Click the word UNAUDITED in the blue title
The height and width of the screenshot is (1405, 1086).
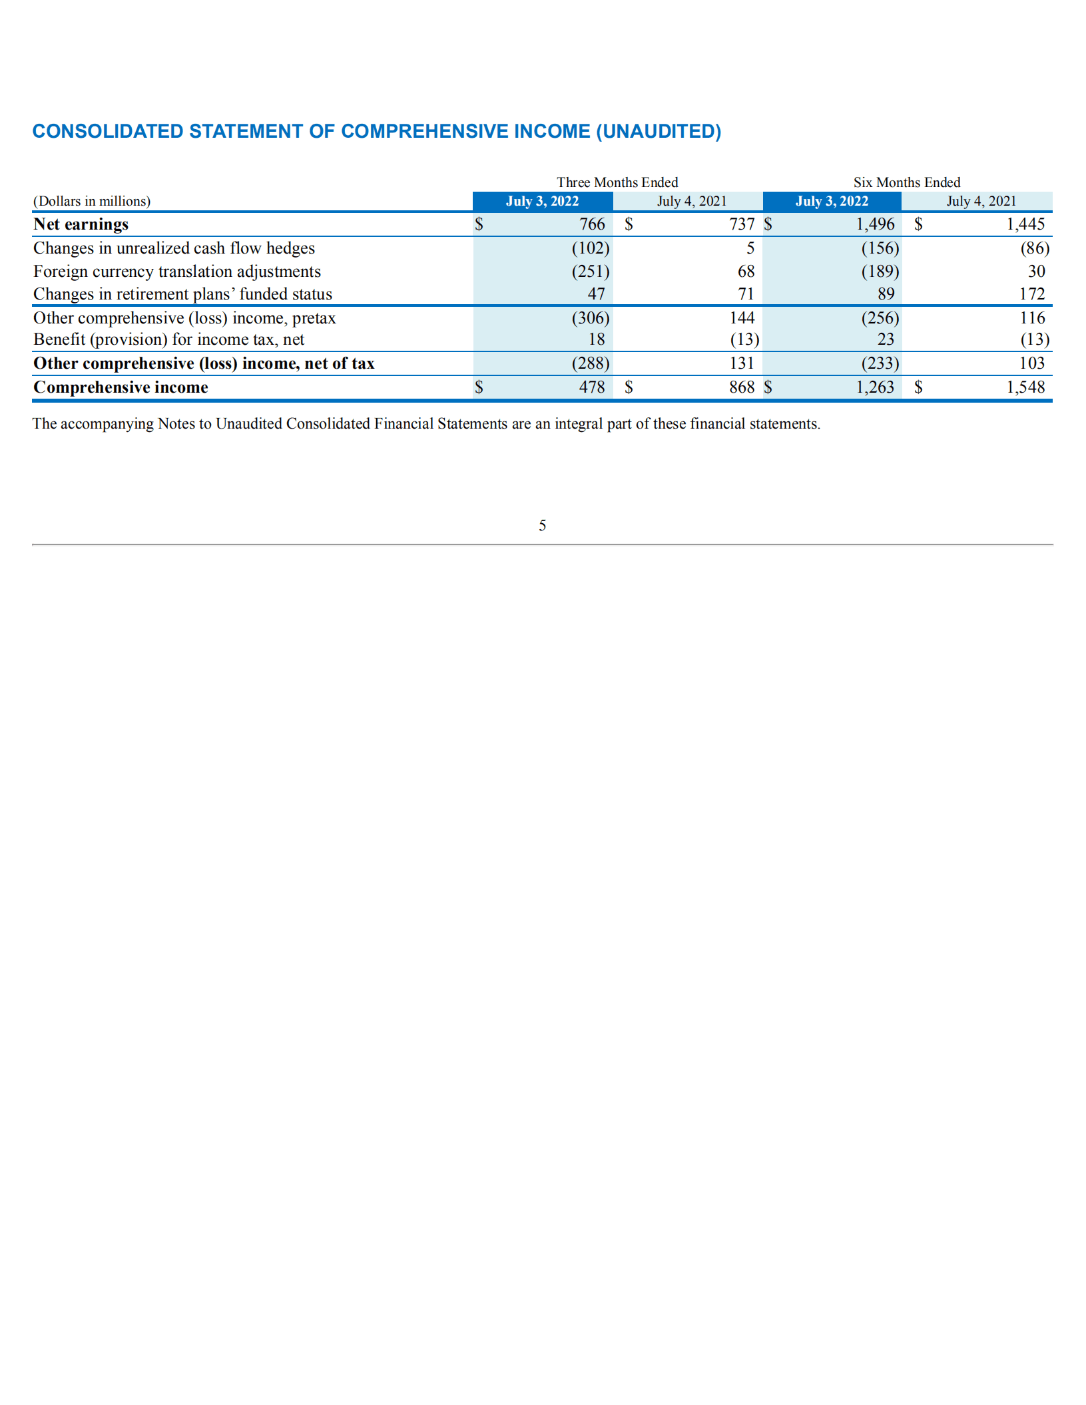[x=658, y=131]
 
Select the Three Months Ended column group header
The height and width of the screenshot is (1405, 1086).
[x=617, y=182]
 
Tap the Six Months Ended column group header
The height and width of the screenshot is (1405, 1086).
[x=906, y=182]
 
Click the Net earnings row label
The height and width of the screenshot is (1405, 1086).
[x=81, y=224]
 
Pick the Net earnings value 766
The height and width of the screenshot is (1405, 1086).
[x=592, y=224]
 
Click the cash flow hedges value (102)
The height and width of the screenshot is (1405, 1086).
[x=590, y=248]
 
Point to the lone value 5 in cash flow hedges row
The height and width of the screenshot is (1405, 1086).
[x=750, y=248]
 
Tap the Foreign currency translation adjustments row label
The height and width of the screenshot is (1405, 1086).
[x=177, y=272]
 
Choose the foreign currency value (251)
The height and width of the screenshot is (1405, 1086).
[x=590, y=272]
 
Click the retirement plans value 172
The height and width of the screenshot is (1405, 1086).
[x=1031, y=294]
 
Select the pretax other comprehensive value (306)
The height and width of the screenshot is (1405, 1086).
[x=590, y=318]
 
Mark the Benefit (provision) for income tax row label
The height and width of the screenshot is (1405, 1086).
[x=168, y=339]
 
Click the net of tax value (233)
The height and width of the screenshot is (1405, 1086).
[x=880, y=363]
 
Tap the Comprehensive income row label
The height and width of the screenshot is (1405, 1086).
[x=121, y=387]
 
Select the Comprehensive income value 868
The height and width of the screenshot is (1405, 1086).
[x=741, y=387]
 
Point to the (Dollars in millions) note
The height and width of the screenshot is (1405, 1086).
[x=92, y=201]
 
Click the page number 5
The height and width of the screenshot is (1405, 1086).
[x=542, y=526]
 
